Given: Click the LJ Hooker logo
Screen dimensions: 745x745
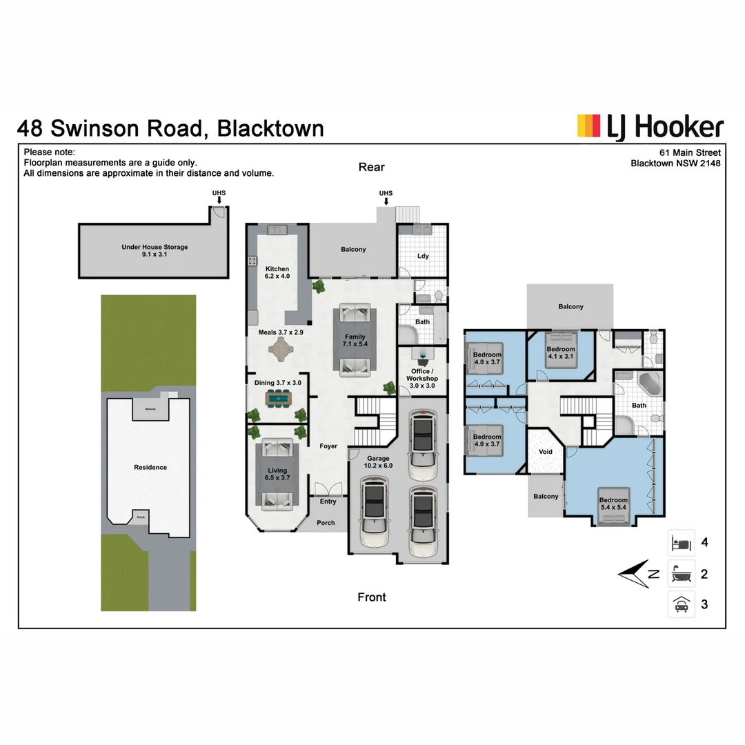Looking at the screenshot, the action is coord(650,128).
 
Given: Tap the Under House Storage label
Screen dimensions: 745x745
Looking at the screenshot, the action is coord(155,250).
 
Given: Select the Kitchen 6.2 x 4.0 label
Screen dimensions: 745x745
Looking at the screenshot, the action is coord(277,272).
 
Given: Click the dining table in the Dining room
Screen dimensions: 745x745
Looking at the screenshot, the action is coord(279,398).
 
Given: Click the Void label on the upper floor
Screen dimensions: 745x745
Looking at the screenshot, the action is coord(546,452).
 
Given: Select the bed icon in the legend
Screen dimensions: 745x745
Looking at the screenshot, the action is coord(681,543).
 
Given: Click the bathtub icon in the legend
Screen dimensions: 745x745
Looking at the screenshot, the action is coord(681,574).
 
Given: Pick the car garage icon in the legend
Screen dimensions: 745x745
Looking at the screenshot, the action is coord(681,604).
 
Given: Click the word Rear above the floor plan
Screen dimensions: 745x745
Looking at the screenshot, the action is coord(372,167).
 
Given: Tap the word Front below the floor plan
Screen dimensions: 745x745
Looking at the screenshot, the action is coord(372,597).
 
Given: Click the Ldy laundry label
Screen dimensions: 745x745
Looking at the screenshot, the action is coord(423,256).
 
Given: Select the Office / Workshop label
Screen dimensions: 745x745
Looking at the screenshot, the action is coord(422,378).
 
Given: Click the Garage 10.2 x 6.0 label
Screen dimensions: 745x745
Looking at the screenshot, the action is coord(378,461).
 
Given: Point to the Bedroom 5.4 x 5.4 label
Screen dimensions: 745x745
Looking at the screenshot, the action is coord(613,504).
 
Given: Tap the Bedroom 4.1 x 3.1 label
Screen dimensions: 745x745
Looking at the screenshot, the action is coord(561,352).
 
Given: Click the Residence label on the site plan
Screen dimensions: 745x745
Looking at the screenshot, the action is coord(150,468).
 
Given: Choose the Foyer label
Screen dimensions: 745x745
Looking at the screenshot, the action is coord(328,446).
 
